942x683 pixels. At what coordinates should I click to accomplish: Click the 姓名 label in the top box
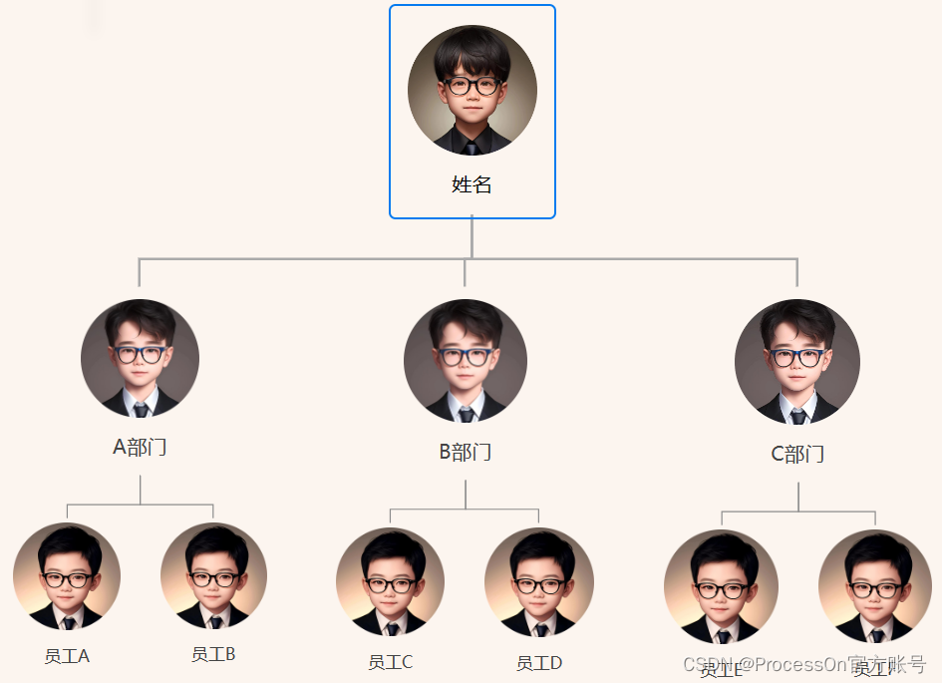tap(471, 184)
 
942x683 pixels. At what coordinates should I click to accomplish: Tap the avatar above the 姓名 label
tap(472, 90)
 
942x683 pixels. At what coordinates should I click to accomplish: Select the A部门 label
tap(140, 448)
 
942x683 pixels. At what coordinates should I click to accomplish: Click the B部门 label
tap(466, 453)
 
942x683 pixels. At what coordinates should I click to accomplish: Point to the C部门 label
tap(797, 455)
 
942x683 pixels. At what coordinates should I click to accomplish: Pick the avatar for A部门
tap(140, 358)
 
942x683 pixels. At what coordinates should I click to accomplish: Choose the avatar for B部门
tap(466, 360)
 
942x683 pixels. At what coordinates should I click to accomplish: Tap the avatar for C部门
tap(797, 362)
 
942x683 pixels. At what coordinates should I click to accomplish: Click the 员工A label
tap(67, 656)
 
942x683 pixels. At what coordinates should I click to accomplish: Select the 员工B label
tap(213, 654)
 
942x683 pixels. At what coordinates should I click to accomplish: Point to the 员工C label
tap(390, 662)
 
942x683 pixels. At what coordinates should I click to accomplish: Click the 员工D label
tap(539, 663)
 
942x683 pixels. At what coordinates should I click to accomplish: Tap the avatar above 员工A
tap(67, 576)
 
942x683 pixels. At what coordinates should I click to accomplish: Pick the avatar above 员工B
tap(213, 576)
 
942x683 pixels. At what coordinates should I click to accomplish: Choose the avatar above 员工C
tap(390, 581)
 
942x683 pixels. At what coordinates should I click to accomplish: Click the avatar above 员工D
tap(539, 582)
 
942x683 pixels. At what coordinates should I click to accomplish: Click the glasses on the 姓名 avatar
tap(472, 86)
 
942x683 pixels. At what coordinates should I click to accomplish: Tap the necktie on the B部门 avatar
tap(466, 413)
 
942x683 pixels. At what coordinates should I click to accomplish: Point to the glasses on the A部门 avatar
tap(140, 354)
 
